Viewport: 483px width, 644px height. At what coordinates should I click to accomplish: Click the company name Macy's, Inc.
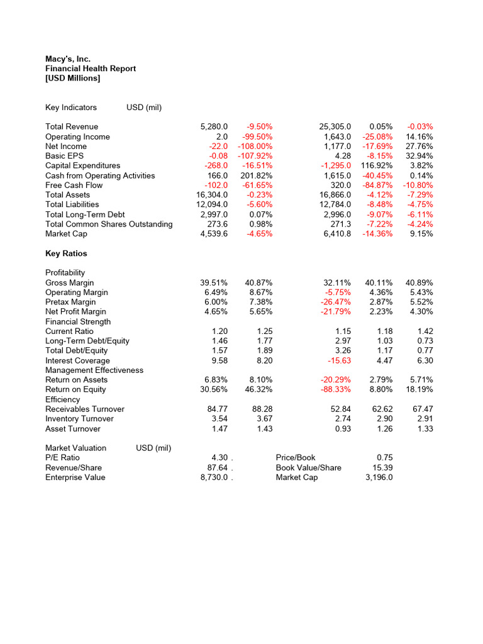[x=68, y=58]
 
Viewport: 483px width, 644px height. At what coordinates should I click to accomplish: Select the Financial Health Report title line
[x=91, y=69]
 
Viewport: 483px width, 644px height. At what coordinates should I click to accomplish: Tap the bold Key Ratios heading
[x=66, y=253]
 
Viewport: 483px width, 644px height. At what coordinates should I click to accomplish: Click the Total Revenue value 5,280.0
[x=213, y=126]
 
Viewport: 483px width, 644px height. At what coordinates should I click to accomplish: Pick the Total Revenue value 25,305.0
[x=335, y=126]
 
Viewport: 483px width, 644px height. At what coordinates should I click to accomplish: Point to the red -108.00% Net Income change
[x=255, y=146]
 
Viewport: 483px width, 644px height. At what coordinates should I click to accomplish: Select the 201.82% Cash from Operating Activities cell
[x=257, y=175]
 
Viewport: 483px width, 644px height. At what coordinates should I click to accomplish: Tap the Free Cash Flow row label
[x=74, y=185]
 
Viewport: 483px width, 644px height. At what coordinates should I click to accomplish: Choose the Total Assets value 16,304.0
[x=212, y=195]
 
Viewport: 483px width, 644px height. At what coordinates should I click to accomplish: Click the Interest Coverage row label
[x=77, y=360]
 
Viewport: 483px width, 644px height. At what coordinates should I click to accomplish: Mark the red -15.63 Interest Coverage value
[x=340, y=360]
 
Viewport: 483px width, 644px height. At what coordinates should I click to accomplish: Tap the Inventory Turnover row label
[x=79, y=418]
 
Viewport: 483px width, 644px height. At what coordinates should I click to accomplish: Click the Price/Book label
[x=296, y=457]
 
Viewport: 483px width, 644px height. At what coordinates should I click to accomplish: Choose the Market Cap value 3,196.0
[x=380, y=477]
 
